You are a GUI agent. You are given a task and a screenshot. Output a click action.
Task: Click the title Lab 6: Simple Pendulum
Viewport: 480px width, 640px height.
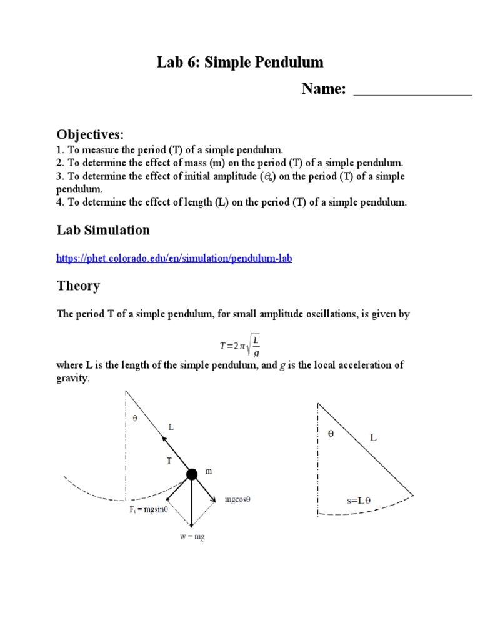tap(240, 62)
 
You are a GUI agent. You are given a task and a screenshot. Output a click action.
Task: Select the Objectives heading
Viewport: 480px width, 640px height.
tap(91, 134)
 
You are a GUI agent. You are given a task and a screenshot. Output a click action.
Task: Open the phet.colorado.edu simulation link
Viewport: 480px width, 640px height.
tap(174, 258)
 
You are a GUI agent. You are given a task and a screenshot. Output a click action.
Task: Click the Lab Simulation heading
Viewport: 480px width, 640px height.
tap(103, 230)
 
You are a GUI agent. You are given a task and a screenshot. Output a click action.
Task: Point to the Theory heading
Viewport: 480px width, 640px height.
tap(78, 286)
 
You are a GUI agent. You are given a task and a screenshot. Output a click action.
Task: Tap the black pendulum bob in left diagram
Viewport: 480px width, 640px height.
tap(192, 474)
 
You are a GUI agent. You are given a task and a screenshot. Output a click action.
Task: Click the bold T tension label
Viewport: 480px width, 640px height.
tap(168, 461)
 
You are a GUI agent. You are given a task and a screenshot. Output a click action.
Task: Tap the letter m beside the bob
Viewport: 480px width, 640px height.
tap(208, 472)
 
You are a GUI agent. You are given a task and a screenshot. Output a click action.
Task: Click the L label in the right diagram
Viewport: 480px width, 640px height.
tap(373, 438)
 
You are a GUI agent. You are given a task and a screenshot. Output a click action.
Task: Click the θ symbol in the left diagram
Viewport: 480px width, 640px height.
tap(133, 419)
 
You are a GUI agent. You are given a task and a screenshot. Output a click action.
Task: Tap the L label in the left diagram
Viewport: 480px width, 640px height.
tap(172, 427)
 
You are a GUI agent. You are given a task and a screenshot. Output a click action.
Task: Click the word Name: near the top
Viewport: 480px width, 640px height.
tap(324, 89)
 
